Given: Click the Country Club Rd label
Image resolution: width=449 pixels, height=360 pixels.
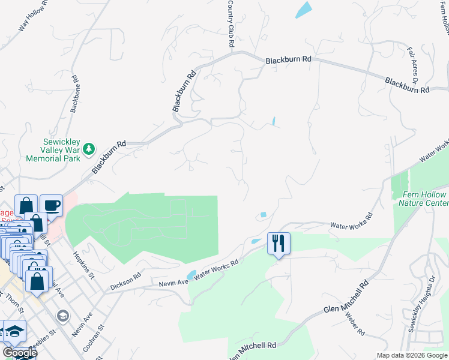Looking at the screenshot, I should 231,25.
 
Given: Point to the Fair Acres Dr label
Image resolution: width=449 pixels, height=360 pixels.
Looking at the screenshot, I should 413,67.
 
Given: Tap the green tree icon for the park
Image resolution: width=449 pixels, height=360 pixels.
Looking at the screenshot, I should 89,148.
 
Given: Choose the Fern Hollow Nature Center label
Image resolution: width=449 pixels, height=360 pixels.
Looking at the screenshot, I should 424,199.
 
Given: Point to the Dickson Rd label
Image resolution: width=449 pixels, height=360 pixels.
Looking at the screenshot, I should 125,281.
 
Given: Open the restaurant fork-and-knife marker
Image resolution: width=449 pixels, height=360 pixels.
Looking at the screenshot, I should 279,243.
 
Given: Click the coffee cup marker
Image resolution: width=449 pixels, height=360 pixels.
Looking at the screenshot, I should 51,205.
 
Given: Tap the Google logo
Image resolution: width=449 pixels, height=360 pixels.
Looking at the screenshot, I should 19,352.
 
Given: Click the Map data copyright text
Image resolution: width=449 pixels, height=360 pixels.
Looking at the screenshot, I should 412,355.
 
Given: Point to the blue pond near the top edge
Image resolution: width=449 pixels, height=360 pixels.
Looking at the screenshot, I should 304,9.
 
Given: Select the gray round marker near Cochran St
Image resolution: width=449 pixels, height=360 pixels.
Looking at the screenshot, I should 62,316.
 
